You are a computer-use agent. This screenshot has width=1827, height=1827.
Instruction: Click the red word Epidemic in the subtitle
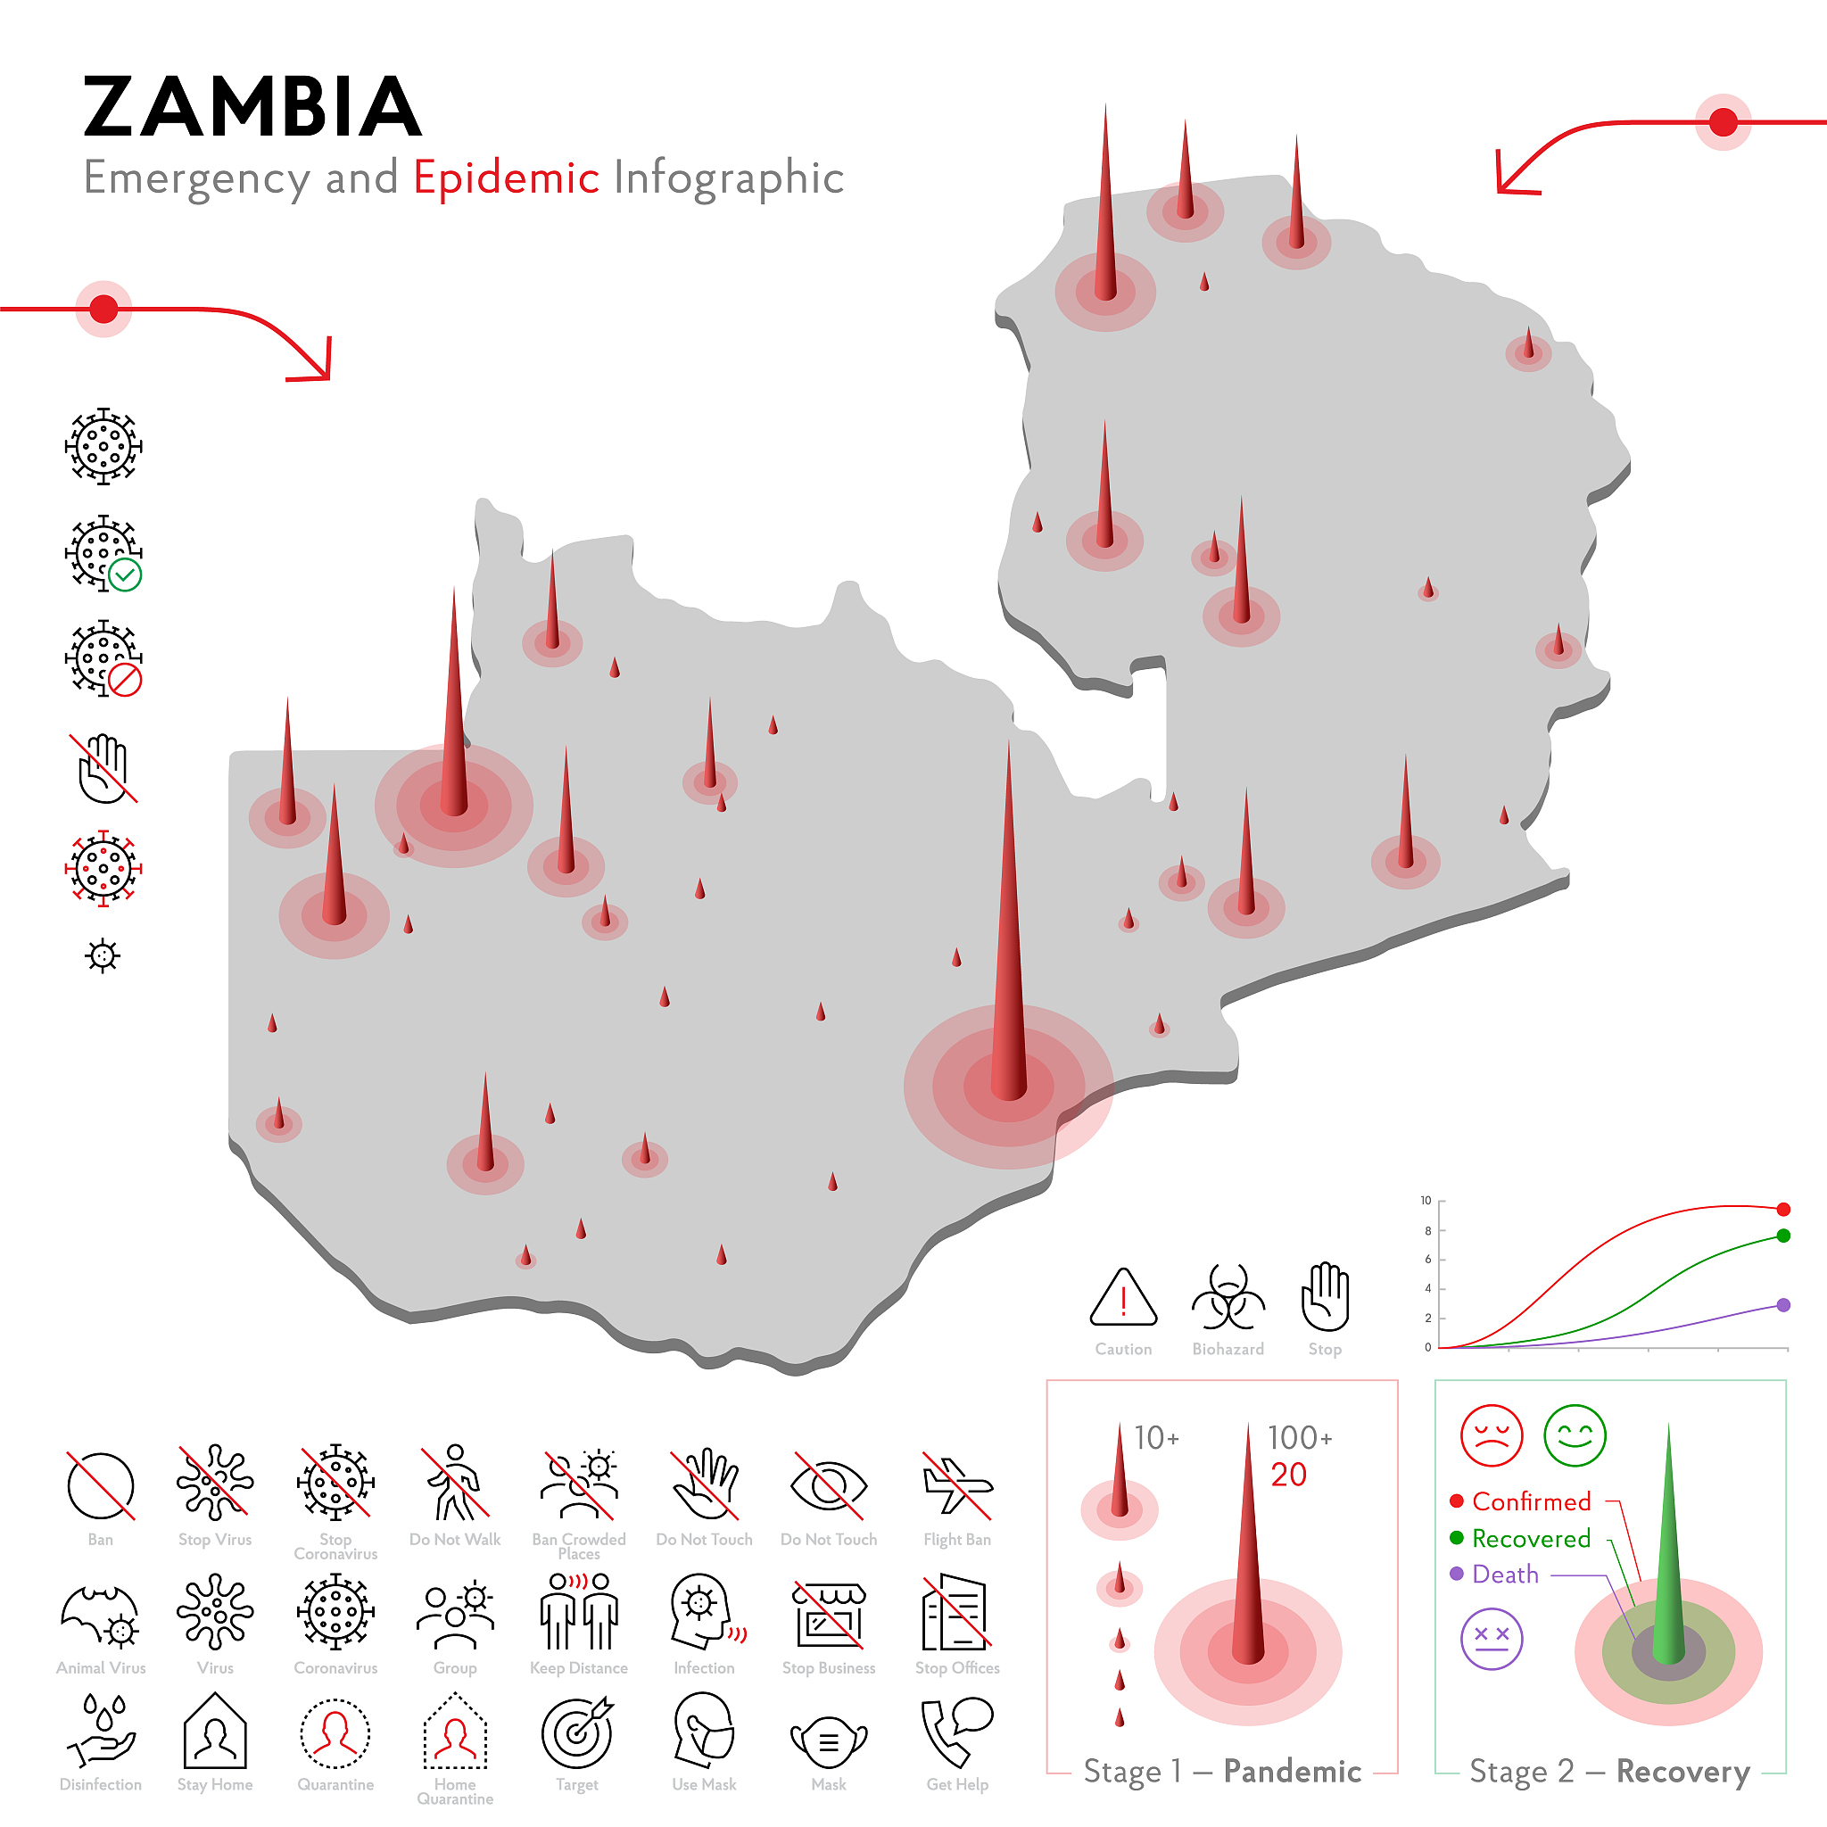coord(506,178)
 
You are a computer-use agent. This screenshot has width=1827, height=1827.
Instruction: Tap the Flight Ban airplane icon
coord(957,1485)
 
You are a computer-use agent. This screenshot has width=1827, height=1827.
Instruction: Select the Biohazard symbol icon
coord(1228,1297)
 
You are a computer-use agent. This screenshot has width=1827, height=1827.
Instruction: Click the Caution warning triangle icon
coord(1123,1297)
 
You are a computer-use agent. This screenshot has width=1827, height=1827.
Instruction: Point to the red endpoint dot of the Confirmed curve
coord(1783,1210)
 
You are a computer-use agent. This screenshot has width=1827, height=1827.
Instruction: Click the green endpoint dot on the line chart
coord(1783,1236)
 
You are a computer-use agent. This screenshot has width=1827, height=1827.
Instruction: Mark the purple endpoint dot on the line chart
coord(1783,1305)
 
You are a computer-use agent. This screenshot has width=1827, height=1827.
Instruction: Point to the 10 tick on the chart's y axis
coord(1426,1201)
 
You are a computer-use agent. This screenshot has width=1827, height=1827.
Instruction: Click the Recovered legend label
coord(1531,1539)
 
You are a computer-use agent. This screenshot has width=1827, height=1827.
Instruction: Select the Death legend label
coord(1506,1575)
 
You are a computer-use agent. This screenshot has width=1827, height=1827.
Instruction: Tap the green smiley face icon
coord(1575,1435)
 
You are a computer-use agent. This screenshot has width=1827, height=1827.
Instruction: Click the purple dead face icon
coord(1492,1639)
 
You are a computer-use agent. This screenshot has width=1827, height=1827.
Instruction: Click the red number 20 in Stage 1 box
coord(1288,1475)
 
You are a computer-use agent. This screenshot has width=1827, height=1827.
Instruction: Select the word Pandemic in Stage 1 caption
coord(1292,1771)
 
